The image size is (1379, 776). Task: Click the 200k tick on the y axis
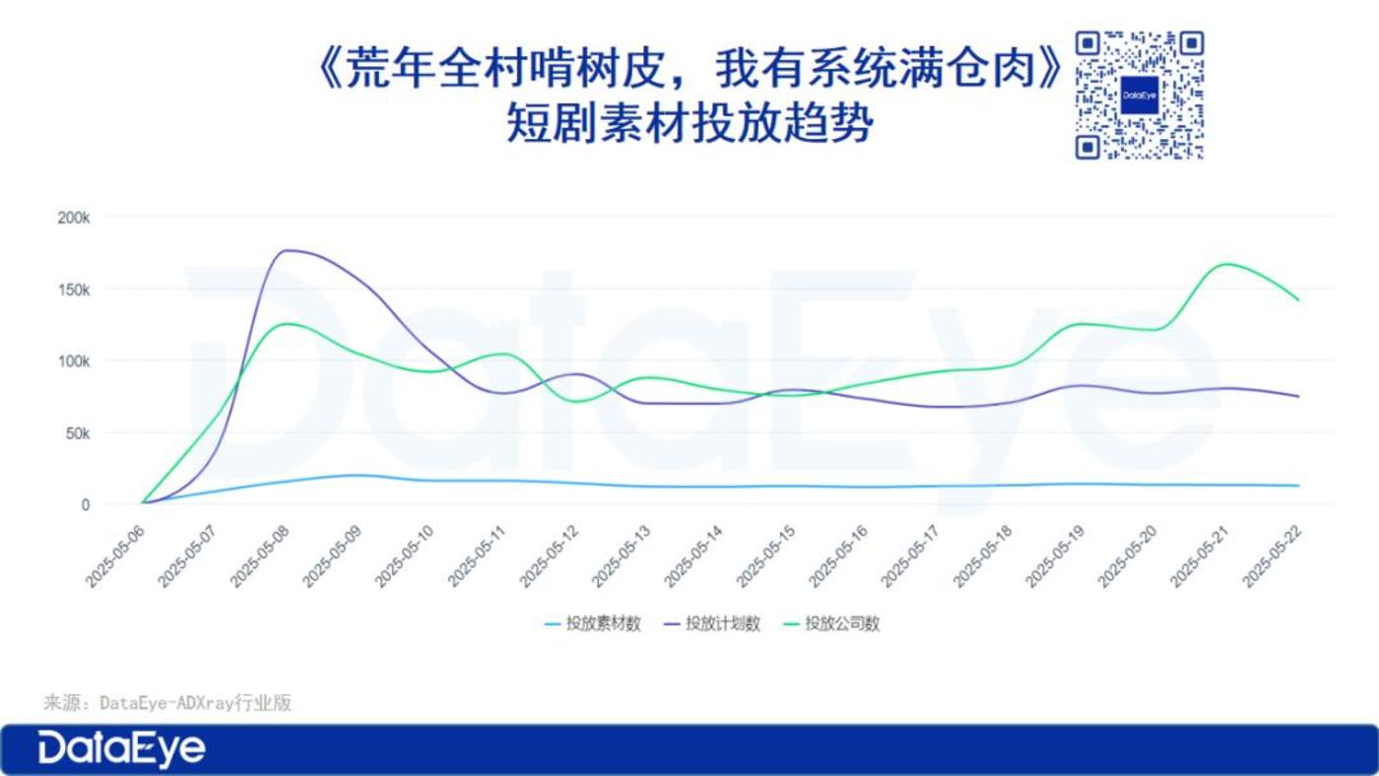(73, 218)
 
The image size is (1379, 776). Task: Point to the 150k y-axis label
(73, 290)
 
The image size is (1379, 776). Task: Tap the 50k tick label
(78, 434)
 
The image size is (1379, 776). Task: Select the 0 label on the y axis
(86, 505)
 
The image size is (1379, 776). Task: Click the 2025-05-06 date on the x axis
(115, 557)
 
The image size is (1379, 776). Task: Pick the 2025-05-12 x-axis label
(550, 557)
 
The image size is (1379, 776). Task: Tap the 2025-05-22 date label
(1273, 557)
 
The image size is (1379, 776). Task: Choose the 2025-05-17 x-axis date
(911, 557)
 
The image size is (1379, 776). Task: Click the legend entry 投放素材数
(593, 624)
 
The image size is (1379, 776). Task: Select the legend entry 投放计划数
(711, 624)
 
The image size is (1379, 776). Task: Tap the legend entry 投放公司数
(831, 624)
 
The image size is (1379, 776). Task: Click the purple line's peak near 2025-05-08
(288, 250)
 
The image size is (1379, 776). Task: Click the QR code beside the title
(1140, 96)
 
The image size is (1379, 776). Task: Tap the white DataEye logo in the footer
(121, 749)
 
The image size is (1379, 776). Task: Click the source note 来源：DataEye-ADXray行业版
(167, 703)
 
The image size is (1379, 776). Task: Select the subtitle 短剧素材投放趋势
(690, 123)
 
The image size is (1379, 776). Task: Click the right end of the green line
(1299, 300)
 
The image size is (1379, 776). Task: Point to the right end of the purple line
(1299, 396)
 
